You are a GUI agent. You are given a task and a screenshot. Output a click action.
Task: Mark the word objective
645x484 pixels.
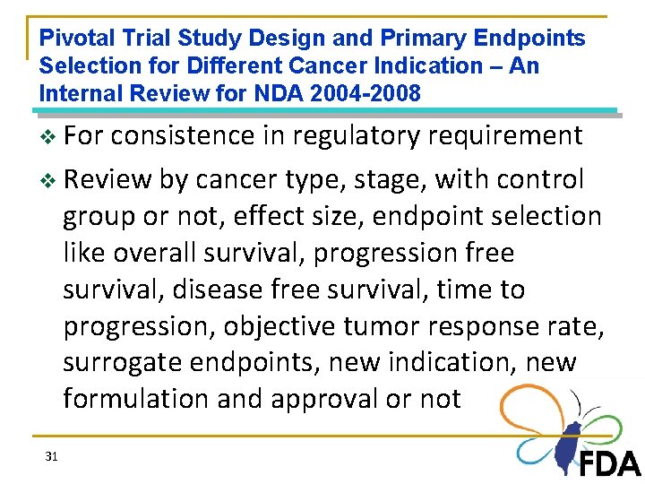(284, 326)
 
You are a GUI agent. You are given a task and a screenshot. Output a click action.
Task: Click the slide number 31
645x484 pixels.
(51, 457)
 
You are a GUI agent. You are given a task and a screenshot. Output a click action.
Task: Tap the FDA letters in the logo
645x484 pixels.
(609, 462)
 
